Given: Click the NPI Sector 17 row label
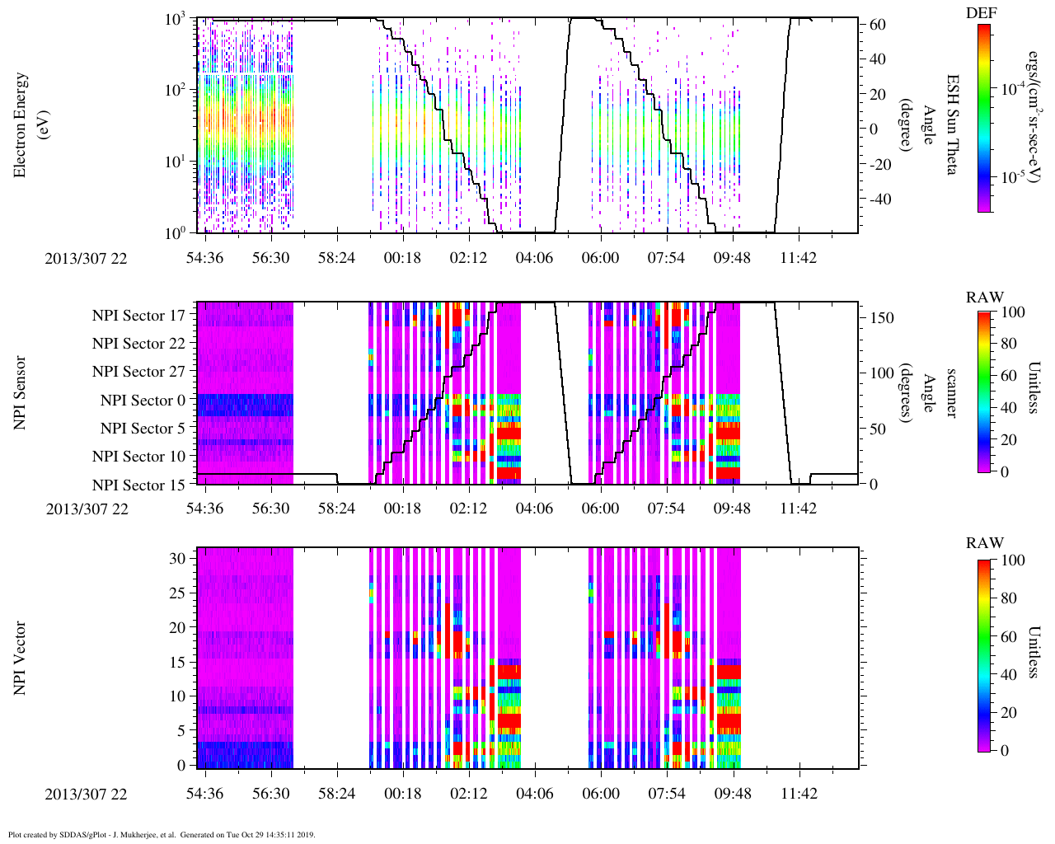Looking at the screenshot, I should click(138, 315).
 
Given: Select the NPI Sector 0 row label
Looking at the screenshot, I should click(143, 401).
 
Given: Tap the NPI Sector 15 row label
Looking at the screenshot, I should click(138, 485).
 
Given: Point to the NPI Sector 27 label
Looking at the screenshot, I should click(138, 372).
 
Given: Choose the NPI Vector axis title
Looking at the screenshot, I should click(21, 658).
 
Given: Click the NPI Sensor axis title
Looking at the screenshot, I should click(21, 392).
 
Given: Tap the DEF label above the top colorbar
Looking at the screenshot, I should click(981, 12).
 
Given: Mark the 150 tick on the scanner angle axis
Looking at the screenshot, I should click(883, 318).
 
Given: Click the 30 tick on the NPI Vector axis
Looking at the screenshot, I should click(178, 558).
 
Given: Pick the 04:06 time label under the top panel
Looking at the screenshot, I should click(534, 258).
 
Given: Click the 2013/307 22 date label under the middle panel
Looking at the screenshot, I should click(87, 509).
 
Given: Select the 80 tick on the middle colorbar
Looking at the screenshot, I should click(1007, 344).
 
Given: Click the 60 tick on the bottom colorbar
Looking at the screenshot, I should click(1007, 636).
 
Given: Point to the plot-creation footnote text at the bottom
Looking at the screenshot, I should click(162, 835).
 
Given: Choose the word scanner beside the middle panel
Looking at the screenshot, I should click(951, 392).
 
